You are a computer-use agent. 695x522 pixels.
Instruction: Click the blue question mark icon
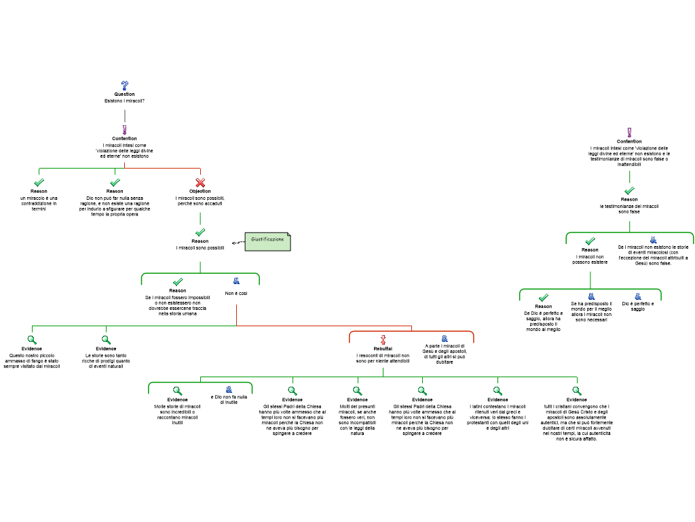(x=125, y=86)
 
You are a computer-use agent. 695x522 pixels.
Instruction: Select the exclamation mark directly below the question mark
(x=125, y=130)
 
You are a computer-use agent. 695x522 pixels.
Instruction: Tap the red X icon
(x=200, y=182)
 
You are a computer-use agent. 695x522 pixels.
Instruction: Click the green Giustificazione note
(x=267, y=241)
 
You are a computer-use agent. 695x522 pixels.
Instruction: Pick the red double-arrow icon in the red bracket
(x=383, y=340)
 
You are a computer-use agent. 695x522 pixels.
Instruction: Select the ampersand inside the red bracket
(x=445, y=338)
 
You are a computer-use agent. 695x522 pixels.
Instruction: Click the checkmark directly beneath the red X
(x=200, y=232)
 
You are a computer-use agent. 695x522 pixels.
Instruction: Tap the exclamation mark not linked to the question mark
(x=629, y=133)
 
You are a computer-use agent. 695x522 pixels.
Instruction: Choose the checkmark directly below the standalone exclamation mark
(x=629, y=190)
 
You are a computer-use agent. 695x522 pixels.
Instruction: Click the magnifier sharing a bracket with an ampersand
(x=177, y=391)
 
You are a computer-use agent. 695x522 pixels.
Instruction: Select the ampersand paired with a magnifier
(x=229, y=389)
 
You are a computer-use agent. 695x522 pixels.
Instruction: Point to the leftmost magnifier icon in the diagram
(x=32, y=340)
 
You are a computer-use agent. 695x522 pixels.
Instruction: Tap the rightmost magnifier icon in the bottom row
(x=576, y=391)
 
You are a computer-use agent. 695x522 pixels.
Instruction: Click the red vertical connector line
(x=236, y=315)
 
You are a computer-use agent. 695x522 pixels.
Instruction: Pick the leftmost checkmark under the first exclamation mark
(x=39, y=182)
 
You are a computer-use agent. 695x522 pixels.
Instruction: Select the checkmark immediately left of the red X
(x=115, y=182)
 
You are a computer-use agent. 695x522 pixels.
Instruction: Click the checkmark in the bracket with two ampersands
(x=543, y=297)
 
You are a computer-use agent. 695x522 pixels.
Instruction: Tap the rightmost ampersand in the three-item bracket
(x=638, y=296)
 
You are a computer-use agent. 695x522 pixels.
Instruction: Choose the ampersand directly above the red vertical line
(x=236, y=281)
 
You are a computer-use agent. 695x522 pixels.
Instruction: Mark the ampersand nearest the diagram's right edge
(x=654, y=240)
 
